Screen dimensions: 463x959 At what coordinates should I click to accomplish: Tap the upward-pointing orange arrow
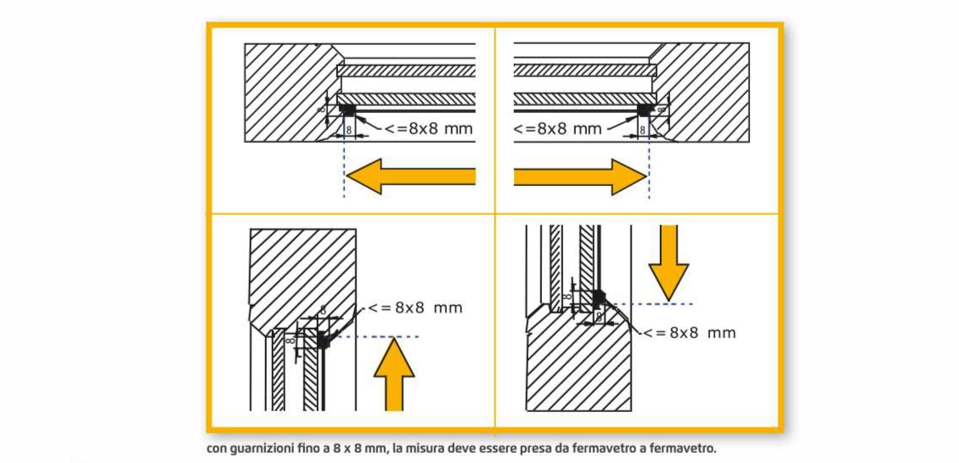[394, 373]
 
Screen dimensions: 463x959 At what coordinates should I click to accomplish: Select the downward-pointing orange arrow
[668, 258]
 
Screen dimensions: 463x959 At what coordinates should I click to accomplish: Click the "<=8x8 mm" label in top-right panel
[557, 129]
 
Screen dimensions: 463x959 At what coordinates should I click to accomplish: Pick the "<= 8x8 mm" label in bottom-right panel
[688, 332]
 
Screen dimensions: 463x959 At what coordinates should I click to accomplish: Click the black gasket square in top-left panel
[347, 110]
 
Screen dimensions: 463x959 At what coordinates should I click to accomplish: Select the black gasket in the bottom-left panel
[322, 340]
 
